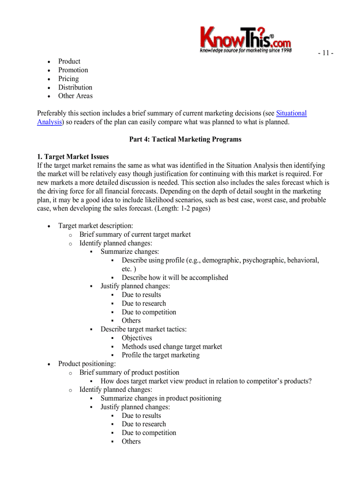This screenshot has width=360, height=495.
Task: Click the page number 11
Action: tap(325, 53)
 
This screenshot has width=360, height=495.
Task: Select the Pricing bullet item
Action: tap(68, 78)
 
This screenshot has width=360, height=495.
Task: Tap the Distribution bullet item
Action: tap(75, 87)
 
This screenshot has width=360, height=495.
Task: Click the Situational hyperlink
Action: tap(291, 113)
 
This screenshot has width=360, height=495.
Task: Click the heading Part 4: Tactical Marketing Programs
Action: tap(185, 139)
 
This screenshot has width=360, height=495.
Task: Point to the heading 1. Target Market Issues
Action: tap(73, 156)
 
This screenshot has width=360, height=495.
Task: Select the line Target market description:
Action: tap(95, 226)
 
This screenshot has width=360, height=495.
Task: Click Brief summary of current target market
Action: tap(135, 234)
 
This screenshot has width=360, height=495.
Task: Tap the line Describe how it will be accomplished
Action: tap(175, 278)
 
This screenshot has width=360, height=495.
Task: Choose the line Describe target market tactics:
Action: tap(143, 329)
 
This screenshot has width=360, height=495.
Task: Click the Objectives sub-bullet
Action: tap(137, 338)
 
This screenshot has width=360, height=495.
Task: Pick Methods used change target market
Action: tap(172, 346)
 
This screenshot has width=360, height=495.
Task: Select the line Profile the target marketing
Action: tap(161, 355)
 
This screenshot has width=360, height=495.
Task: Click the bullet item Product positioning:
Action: tap(87, 364)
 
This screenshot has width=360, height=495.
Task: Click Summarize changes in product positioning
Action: tap(161, 398)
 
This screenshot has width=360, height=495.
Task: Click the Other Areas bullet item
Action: tap(75, 96)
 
